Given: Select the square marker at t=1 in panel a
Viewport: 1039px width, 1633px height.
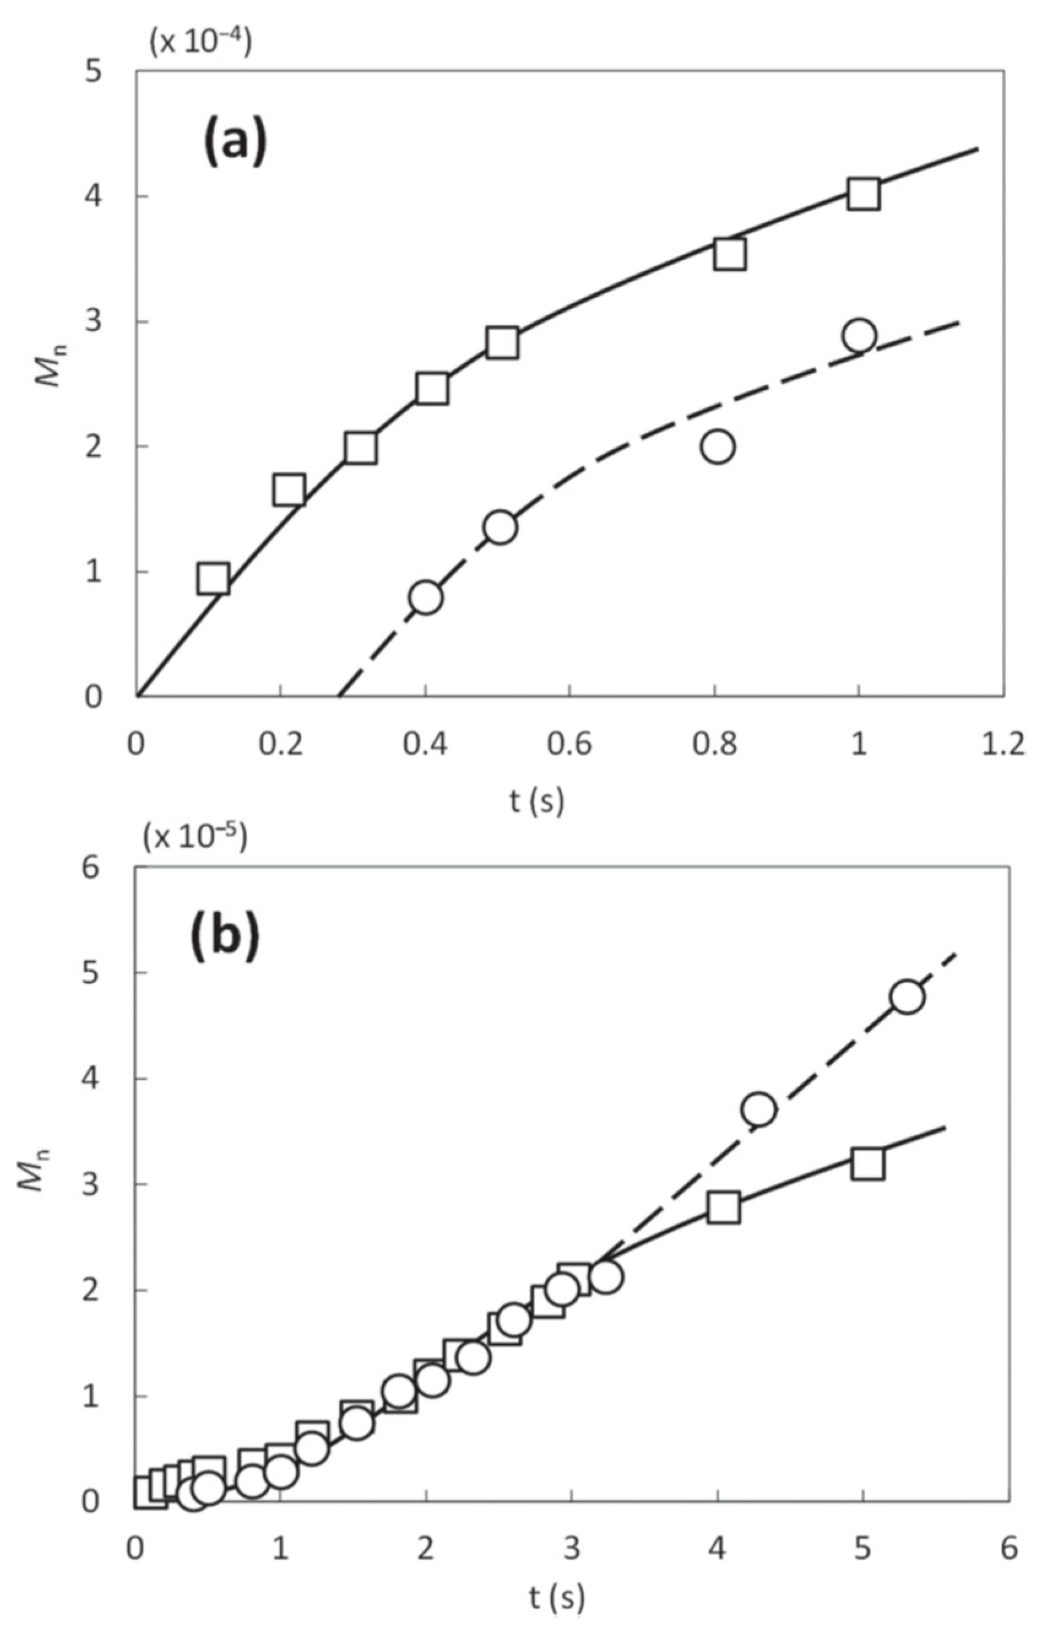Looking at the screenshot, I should point(864,194).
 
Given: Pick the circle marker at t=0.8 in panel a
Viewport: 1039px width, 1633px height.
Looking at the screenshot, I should point(718,447).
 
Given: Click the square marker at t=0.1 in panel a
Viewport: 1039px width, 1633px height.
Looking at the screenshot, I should point(213,578).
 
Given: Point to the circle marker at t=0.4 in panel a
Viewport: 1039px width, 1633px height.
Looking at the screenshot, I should point(425,597).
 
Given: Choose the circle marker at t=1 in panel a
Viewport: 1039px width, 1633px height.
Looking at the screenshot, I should point(859,335).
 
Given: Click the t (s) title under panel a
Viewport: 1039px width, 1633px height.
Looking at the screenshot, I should point(537,801).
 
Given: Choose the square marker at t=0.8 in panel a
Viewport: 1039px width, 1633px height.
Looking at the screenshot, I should point(729,254).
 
